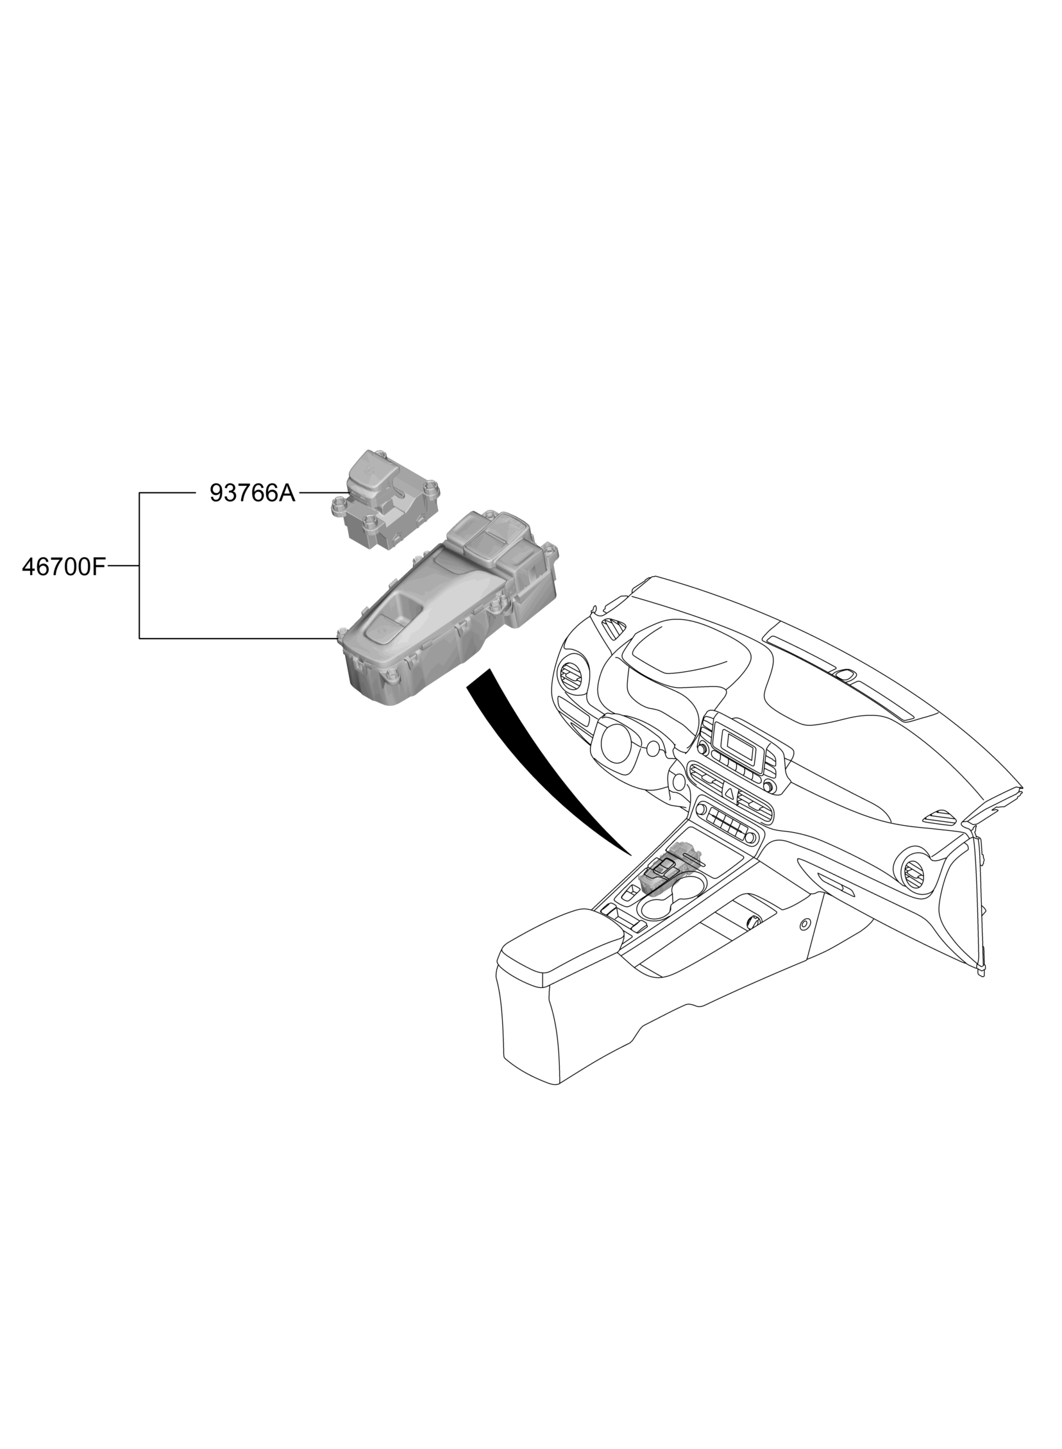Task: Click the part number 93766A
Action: (x=252, y=494)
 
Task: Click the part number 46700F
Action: (x=63, y=567)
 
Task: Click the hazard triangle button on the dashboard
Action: (x=730, y=793)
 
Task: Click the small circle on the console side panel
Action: (x=804, y=924)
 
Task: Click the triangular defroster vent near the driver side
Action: (x=612, y=627)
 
